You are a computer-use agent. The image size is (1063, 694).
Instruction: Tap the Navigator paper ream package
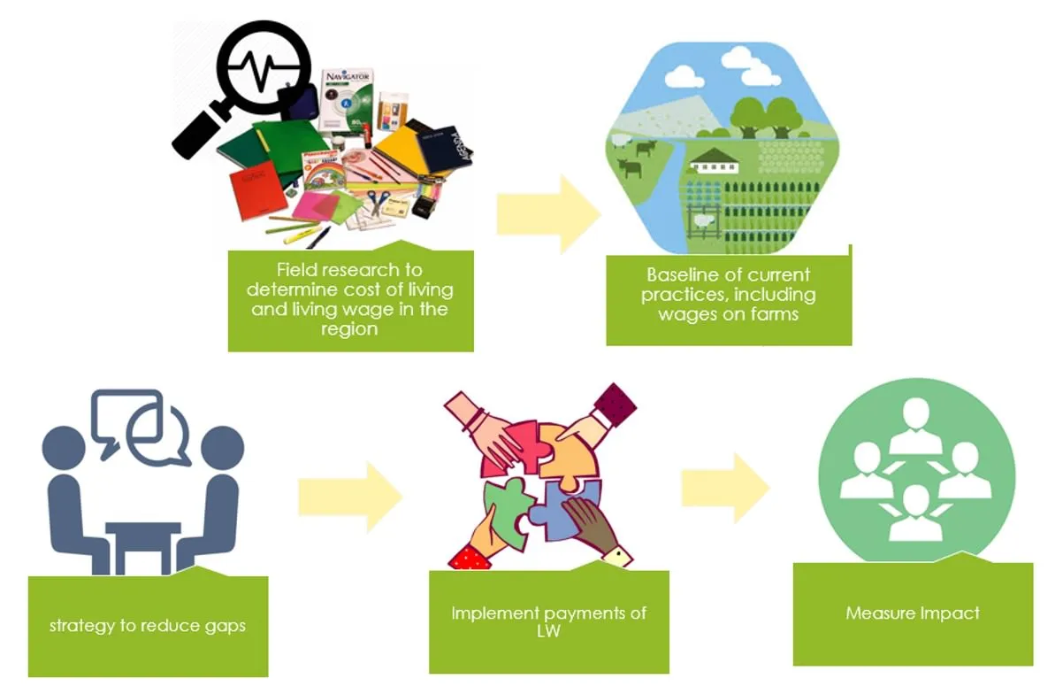pyautogui.click(x=347, y=97)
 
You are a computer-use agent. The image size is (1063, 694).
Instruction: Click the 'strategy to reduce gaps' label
pyautogui.click(x=148, y=625)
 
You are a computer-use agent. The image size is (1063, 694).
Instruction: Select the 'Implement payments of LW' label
pyautogui.click(x=548, y=621)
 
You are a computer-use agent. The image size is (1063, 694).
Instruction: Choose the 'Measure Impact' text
pyautogui.click(x=913, y=613)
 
